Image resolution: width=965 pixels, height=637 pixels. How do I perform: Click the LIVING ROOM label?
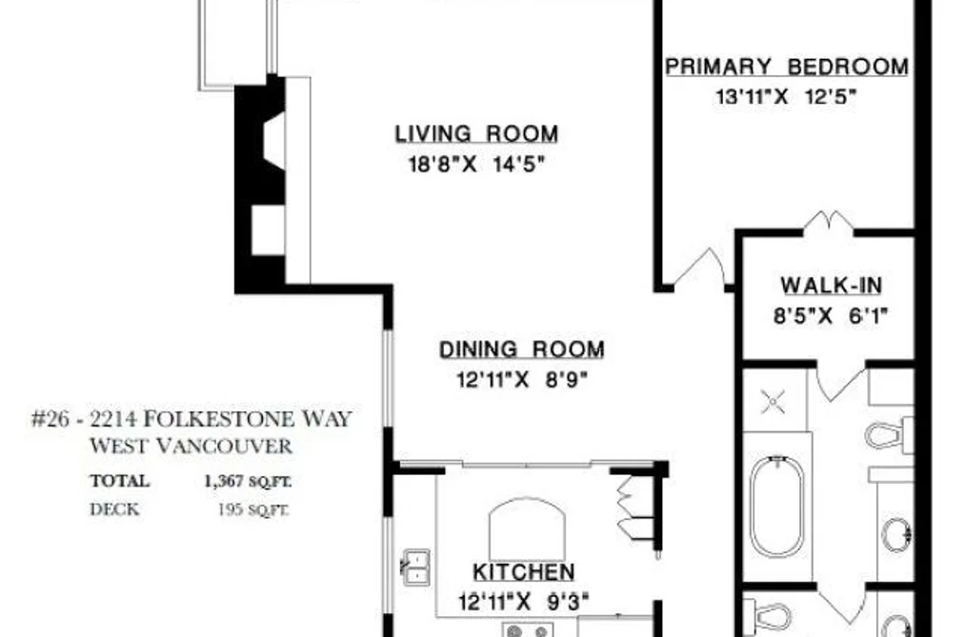click(x=476, y=134)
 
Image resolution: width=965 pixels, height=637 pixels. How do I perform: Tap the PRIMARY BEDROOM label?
click(x=787, y=67)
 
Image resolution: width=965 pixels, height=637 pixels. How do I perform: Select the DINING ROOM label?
click(x=522, y=349)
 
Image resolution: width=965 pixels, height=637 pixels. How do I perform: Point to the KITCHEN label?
click(x=524, y=572)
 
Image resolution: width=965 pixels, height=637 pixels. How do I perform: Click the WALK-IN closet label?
click(x=832, y=286)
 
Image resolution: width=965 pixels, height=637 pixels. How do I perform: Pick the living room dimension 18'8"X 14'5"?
click(x=477, y=164)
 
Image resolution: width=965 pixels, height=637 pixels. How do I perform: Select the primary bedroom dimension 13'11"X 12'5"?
click(x=786, y=96)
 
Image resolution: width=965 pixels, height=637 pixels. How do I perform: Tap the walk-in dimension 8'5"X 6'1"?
click(x=831, y=316)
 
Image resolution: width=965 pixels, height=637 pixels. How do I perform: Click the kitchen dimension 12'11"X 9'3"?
click(x=523, y=602)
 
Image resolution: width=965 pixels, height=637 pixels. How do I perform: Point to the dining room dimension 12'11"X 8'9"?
click(x=522, y=380)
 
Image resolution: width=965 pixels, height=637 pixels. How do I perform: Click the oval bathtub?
click(x=776, y=507)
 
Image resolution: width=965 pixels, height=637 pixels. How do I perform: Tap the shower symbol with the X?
click(x=773, y=402)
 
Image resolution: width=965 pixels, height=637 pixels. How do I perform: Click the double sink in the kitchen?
click(x=415, y=567)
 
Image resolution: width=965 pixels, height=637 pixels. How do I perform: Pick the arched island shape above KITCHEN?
click(x=528, y=528)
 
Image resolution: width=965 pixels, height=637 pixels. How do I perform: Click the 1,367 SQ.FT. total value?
click(x=248, y=481)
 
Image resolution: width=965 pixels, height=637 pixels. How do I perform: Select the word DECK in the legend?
click(x=114, y=509)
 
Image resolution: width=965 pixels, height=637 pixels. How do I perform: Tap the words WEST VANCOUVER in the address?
click(x=191, y=446)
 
